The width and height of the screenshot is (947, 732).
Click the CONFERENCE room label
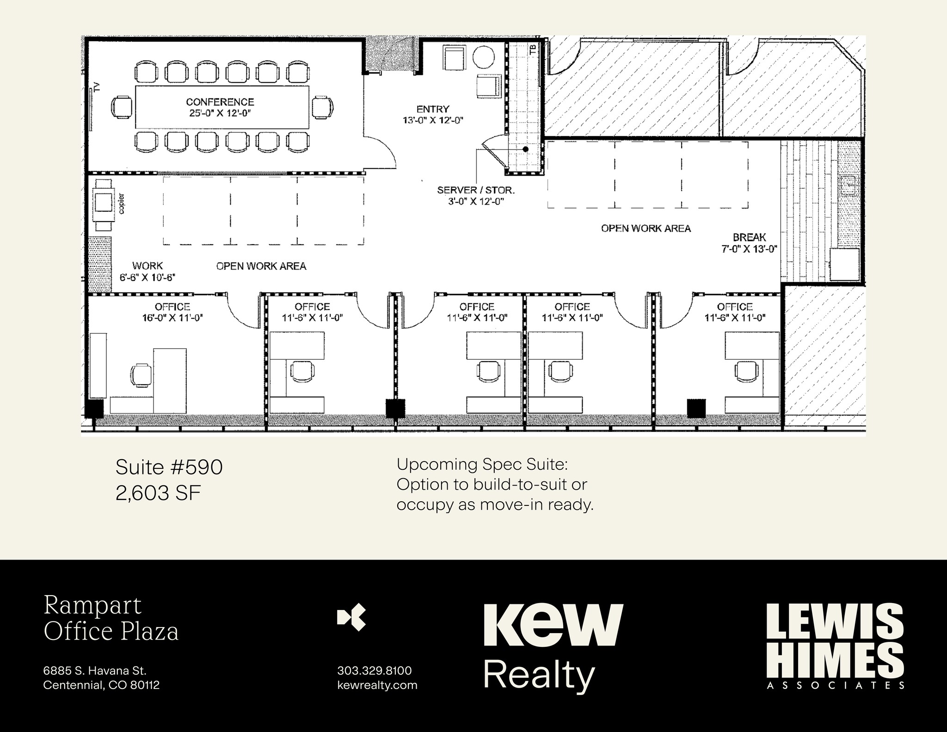220,102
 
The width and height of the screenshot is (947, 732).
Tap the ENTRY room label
433,109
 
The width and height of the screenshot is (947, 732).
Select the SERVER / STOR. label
476,190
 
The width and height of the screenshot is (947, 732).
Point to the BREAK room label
749,237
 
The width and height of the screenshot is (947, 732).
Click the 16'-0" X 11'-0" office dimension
173,318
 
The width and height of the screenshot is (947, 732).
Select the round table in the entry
484,57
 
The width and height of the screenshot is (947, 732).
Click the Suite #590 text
169,467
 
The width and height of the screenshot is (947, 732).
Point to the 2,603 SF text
158,494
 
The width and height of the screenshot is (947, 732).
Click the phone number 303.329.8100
375,670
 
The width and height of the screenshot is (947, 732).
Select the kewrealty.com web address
377,685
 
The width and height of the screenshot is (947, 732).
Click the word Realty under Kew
539,675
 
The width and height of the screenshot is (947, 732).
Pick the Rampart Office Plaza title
111,619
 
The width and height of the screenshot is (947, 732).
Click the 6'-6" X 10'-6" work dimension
147,277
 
